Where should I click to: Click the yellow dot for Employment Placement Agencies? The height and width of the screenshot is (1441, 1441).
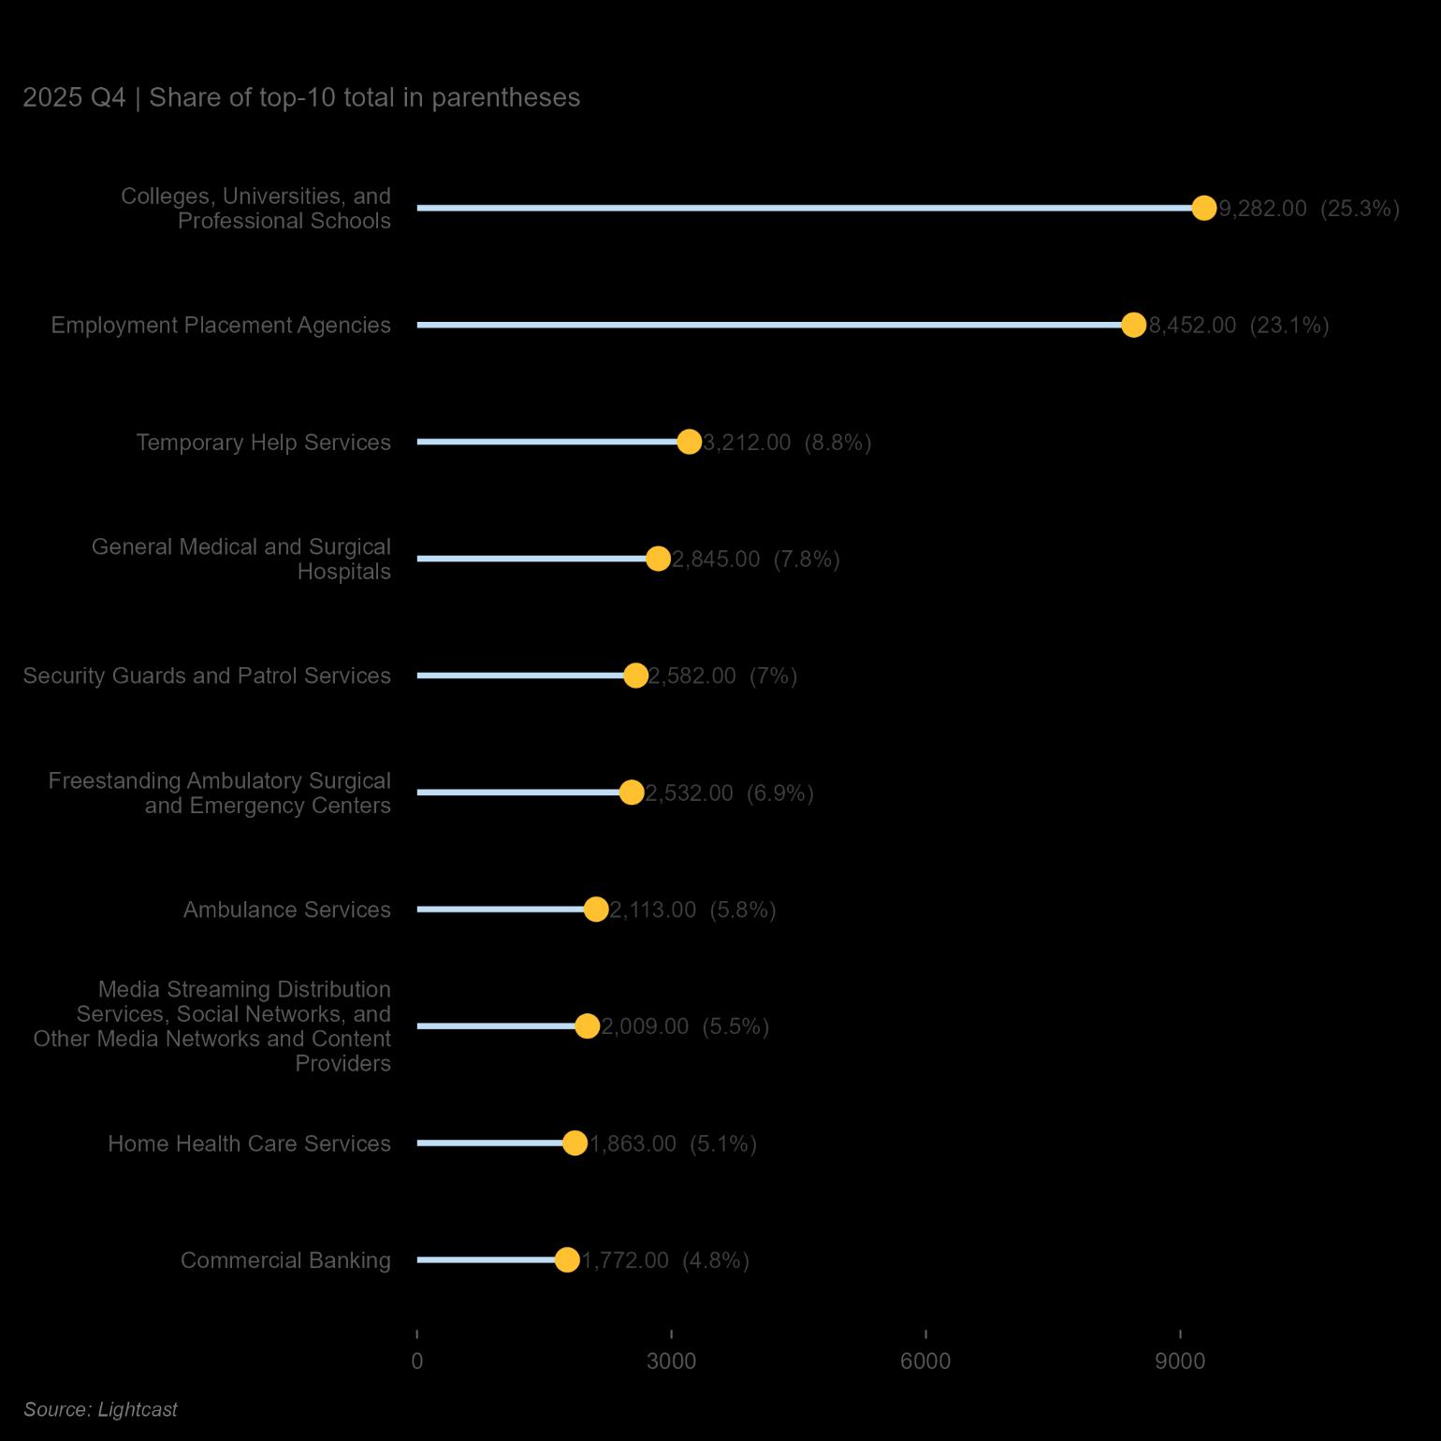point(1133,325)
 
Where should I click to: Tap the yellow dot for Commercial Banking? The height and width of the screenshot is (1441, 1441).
point(567,1260)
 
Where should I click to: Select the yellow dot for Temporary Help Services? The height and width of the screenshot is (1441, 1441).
point(689,442)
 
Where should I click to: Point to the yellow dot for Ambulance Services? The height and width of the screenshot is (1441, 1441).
point(596,910)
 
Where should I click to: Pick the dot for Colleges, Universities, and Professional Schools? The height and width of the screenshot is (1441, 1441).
point(1204,208)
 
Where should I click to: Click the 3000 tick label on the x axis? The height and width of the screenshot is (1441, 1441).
point(671,1361)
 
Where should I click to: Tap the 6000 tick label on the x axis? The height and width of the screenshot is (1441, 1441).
point(925,1361)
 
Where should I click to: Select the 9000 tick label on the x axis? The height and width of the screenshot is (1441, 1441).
point(1180,1361)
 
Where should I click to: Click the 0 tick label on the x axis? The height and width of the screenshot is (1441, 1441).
point(417,1361)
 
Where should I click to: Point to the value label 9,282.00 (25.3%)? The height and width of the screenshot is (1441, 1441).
point(1309,209)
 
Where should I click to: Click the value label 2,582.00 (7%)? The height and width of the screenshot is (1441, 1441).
point(722,677)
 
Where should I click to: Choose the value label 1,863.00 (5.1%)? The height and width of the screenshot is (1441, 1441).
point(673,1144)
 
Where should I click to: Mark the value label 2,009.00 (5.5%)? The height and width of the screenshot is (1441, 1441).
point(685,1027)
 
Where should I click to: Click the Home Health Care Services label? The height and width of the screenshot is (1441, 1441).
point(249,1143)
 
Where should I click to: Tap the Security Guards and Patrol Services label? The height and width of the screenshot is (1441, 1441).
point(207,676)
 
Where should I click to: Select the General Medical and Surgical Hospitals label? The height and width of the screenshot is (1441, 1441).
point(241,559)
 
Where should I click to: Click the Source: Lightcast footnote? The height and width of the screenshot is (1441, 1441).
point(100,1409)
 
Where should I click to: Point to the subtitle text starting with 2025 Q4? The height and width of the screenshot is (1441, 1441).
point(301,97)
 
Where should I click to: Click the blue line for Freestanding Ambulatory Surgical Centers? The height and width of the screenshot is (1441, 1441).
point(524,793)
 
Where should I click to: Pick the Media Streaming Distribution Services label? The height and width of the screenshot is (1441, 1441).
point(212,1026)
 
